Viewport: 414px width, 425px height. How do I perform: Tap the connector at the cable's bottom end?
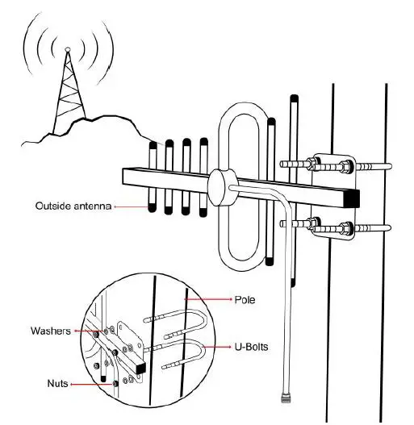click(x=286, y=398)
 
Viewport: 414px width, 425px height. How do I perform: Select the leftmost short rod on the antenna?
click(x=152, y=177)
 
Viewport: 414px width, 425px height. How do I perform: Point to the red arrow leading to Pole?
click(x=207, y=299)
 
